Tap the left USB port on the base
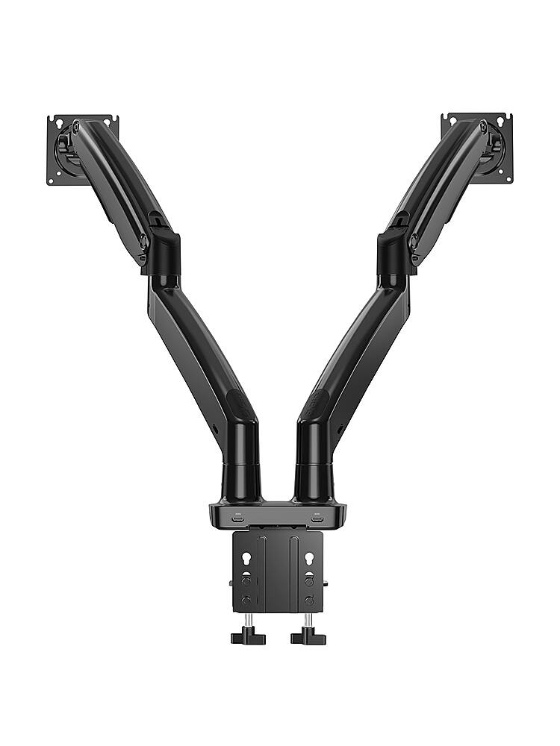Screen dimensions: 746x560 238,516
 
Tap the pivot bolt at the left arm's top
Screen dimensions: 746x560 75,128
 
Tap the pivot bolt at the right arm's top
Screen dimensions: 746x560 483,127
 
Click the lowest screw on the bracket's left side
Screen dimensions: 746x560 246,600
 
